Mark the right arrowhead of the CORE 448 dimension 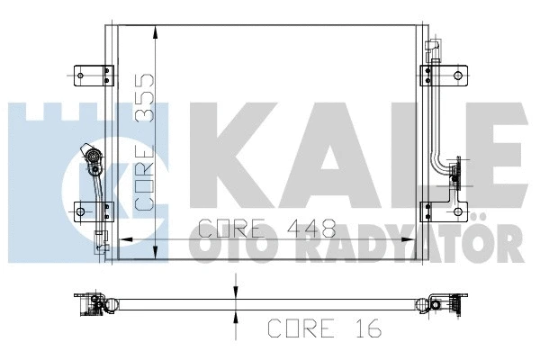coord(417,239)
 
